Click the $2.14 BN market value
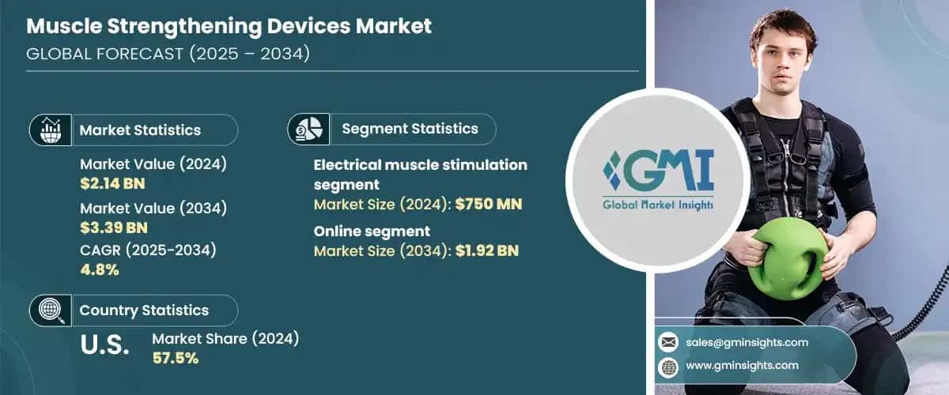point(112,184)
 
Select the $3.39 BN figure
point(112,228)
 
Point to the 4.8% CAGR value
point(99,270)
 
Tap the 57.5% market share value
point(175,358)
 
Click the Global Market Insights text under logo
point(658,205)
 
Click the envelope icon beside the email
point(669,342)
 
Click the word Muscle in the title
point(64,26)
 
